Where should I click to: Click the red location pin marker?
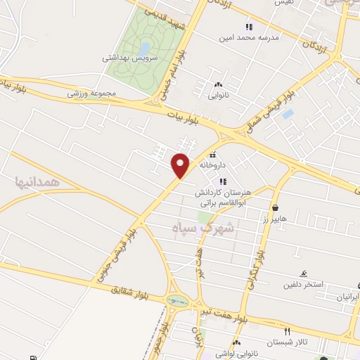click(181, 165)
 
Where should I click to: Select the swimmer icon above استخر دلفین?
click(304, 274)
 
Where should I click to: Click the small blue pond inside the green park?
click(145, 47)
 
